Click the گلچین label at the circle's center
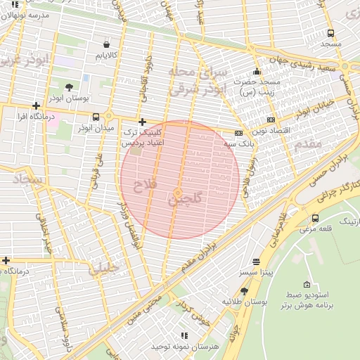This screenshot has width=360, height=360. pos(184,200)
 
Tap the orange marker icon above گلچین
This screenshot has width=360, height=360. pos(179,192)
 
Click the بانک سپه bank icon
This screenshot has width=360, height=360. pos(239,132)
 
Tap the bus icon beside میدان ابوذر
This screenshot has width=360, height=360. pos(108,117)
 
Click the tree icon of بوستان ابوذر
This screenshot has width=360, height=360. pos(68,87)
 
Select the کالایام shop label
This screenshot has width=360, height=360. pos(106,54)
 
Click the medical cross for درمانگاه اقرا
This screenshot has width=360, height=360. pos(36,105)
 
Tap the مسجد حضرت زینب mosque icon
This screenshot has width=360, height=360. pos(257,71)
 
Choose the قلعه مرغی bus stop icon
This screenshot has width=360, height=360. pos(314,218)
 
